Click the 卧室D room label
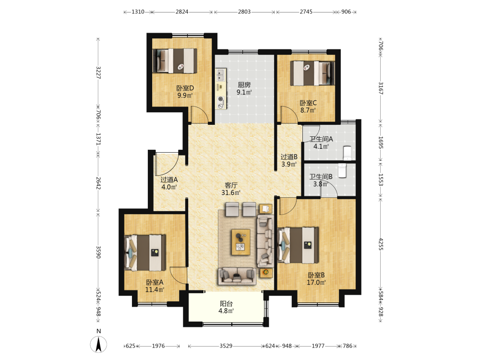click(185, 88)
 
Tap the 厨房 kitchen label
click(244, 85)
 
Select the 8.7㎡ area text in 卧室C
click(308, 110)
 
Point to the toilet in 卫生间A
click(347, 153)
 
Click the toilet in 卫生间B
click(342, 170)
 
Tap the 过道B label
click(289, 157)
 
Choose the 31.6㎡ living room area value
click(231, 192)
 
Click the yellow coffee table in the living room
click(240, 242)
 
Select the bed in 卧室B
click(298, 245)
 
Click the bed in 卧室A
click(145, 253)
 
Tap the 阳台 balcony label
click(226, 304)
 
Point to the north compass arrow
click(98, 344)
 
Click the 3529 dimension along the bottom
click(226, 346)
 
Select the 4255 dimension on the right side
click(381, 244)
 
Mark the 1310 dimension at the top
click(138, 12)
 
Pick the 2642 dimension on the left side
click(98, 183)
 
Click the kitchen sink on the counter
click(220, 75)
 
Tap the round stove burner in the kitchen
click(220, 99)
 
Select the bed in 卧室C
click(312, 73)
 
